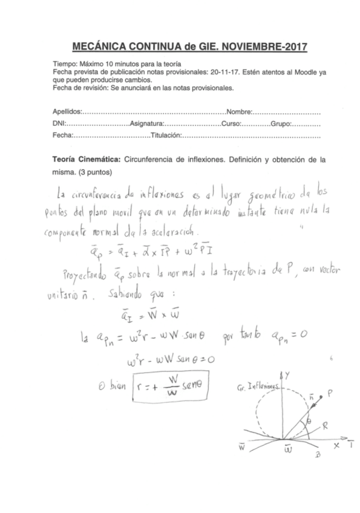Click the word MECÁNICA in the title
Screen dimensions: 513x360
point(98,46)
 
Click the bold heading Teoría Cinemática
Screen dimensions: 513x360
point(87,160)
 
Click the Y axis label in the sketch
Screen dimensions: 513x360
point(287,375)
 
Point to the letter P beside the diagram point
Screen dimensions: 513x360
point(329,393)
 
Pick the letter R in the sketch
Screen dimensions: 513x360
point(324,425)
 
